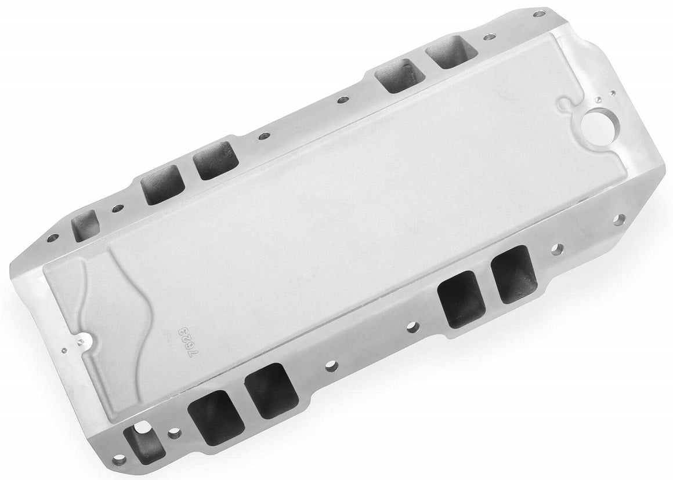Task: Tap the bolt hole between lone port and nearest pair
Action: [x=118, y=208]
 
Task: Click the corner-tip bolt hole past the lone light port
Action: [x=52, y=238]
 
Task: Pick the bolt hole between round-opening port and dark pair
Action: [x=172, y=432]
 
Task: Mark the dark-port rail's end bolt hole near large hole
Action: [x=619, y=219]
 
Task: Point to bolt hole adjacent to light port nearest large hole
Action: [x=489, y=37]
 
